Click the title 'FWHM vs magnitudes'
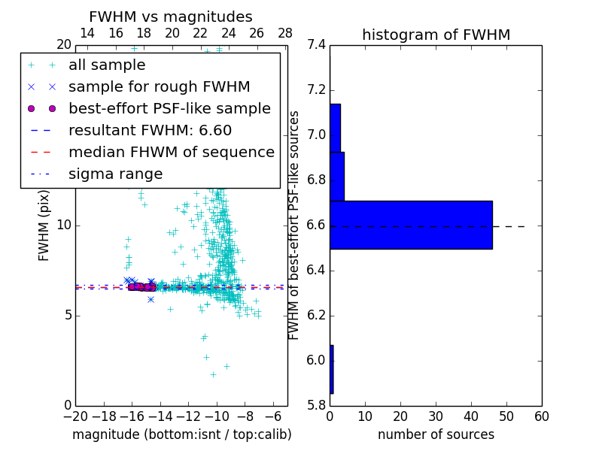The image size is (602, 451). (x=170, y=17)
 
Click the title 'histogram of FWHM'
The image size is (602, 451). (x=436, y=35)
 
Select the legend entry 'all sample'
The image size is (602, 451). (x=107, y=65)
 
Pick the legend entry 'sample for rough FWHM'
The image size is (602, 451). (x=159, y=86)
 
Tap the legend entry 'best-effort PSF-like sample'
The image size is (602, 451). (x=169, y=108)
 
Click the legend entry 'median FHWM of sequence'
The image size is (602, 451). (x=171, y=152)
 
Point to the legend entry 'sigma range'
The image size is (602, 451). (x=115, y=174)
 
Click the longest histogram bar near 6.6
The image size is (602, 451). (x=411, y=225)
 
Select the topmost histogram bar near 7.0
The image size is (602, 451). (x=335, y=128)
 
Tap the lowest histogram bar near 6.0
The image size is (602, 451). (x=331, y=369)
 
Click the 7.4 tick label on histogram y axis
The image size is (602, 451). (x=317, y=45)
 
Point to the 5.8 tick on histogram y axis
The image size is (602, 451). (x=317, y=405)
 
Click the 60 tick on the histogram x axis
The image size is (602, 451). (x=541, y=416)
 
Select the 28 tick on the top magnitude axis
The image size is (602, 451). (x=285, y=33)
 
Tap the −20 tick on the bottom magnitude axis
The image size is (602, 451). (x=75, y=416)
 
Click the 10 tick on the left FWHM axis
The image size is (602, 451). (x=64, y=225)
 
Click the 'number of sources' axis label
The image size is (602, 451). (x=436, y=434)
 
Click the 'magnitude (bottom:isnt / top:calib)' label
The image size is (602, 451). (x=181, y=434)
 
